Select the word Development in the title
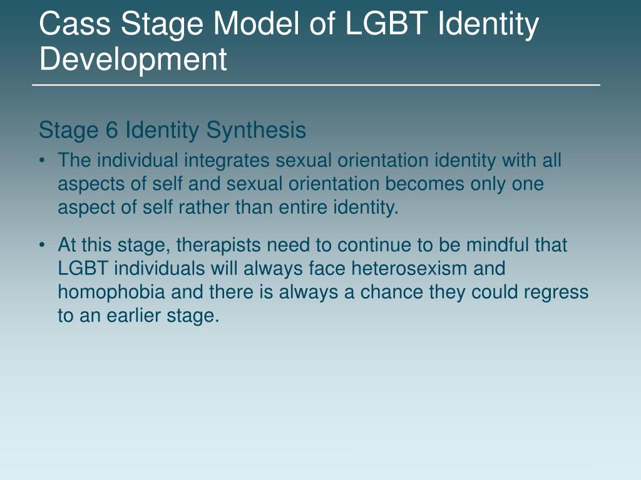pyautogui.click(x=133, y=59)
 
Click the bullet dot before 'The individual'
pyautogui.click(x=42, y=161)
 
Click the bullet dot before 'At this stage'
pyautogui.click(x=42, y=245)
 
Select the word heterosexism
pyautogui.click(x=409, y=269)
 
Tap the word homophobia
pyautogui.click(x=111, y=292)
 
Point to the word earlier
pyautogui.click(x=132, y=316)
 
